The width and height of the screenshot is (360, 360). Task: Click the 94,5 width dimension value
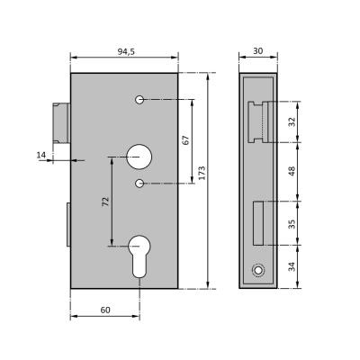click(x=126, y=51)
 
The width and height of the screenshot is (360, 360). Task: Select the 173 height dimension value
click(x=202, y=173)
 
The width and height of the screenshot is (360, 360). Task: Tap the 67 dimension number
click(x=186, y=140)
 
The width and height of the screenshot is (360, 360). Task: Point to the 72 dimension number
click(x=105, y=202)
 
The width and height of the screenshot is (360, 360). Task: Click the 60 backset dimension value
click(x=105, y=310)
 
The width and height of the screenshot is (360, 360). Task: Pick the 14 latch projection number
click(x=41, y=155)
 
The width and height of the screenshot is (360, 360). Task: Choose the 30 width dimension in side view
click(x=257, y=51)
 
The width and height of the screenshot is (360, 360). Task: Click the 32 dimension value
click(x=292, y=121)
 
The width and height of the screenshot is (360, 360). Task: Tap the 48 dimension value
click(x=292, y=171)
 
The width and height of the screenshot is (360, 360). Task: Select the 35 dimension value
click(x=292, y=224)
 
